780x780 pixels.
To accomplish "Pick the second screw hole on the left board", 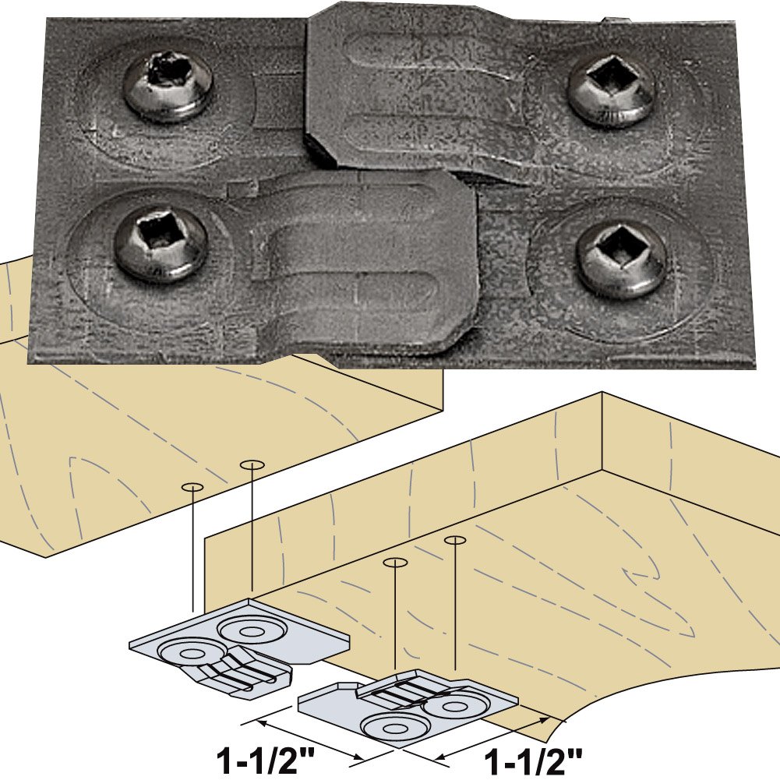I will (x=251, y=465).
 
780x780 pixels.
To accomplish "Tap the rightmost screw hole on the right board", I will (x=455, y=539).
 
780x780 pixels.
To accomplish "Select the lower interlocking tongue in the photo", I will (x=366, y=257).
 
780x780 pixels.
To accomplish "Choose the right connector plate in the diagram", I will (x=405, y=705).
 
